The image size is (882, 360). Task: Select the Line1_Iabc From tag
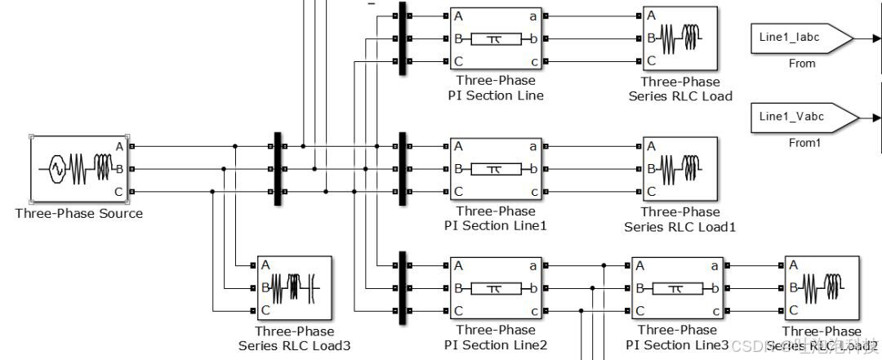[800, 38]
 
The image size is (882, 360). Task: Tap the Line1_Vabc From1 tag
[804, 118]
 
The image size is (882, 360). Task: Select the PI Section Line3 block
[676, 288]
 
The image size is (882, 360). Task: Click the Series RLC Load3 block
[294, 288]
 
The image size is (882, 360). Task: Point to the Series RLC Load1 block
[679, 169]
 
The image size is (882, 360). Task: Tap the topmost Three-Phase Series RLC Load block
[679, 38]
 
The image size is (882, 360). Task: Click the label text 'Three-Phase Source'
[78, 214]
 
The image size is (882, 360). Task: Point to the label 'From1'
[803, 143]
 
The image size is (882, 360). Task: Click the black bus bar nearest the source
[277, 169]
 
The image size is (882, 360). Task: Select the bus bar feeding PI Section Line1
[403, 169]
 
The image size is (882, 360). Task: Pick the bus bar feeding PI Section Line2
[403, 288]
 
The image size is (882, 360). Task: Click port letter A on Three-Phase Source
[119, 147]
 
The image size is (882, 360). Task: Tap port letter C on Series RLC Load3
[265, 310]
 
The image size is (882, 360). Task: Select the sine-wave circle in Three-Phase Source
[57, 169]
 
